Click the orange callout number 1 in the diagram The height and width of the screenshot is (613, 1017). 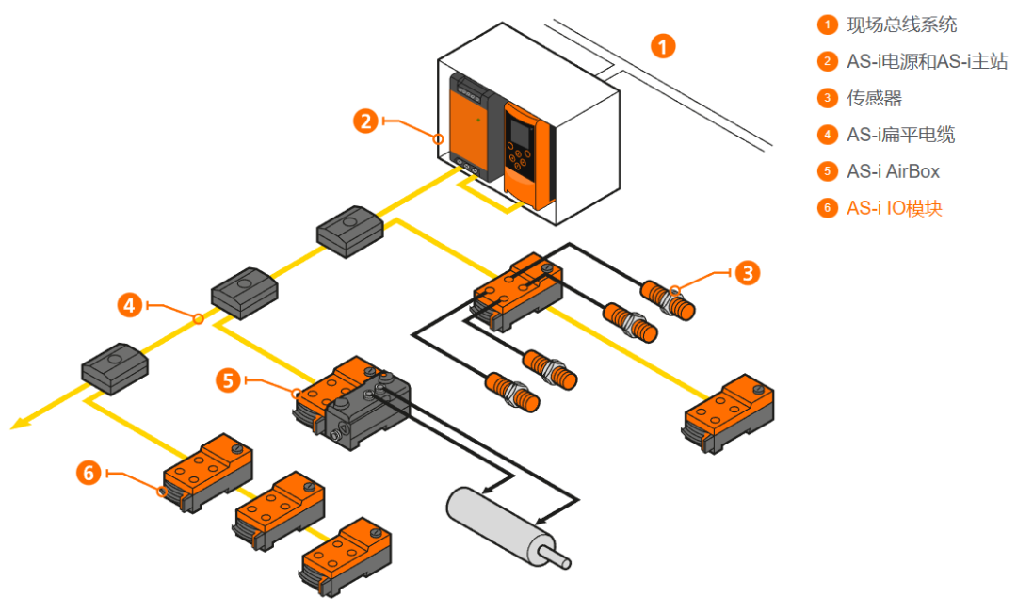coord(664,45)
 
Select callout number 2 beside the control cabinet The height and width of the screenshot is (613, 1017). coord(366,121)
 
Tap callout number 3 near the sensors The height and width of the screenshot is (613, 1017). coord(746,273)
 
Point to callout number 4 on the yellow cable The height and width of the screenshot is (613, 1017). coord(130,304)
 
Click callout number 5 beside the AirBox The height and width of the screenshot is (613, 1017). coord(228,379)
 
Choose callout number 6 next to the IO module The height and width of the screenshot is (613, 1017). coord(89,472)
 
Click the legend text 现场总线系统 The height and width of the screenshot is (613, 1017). coord(901,24)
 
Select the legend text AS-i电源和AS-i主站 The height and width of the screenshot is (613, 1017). coord(927,61)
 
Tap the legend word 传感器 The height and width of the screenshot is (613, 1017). coord(874,98)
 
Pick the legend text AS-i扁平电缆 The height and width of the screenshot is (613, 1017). coord(900,135)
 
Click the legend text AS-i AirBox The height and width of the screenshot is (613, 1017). coord(893,171)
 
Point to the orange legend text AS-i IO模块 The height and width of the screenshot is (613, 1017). coord(894,208)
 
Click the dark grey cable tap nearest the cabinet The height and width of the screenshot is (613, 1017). coord(347,229)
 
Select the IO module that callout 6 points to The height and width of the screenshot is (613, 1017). coord(208,470)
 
